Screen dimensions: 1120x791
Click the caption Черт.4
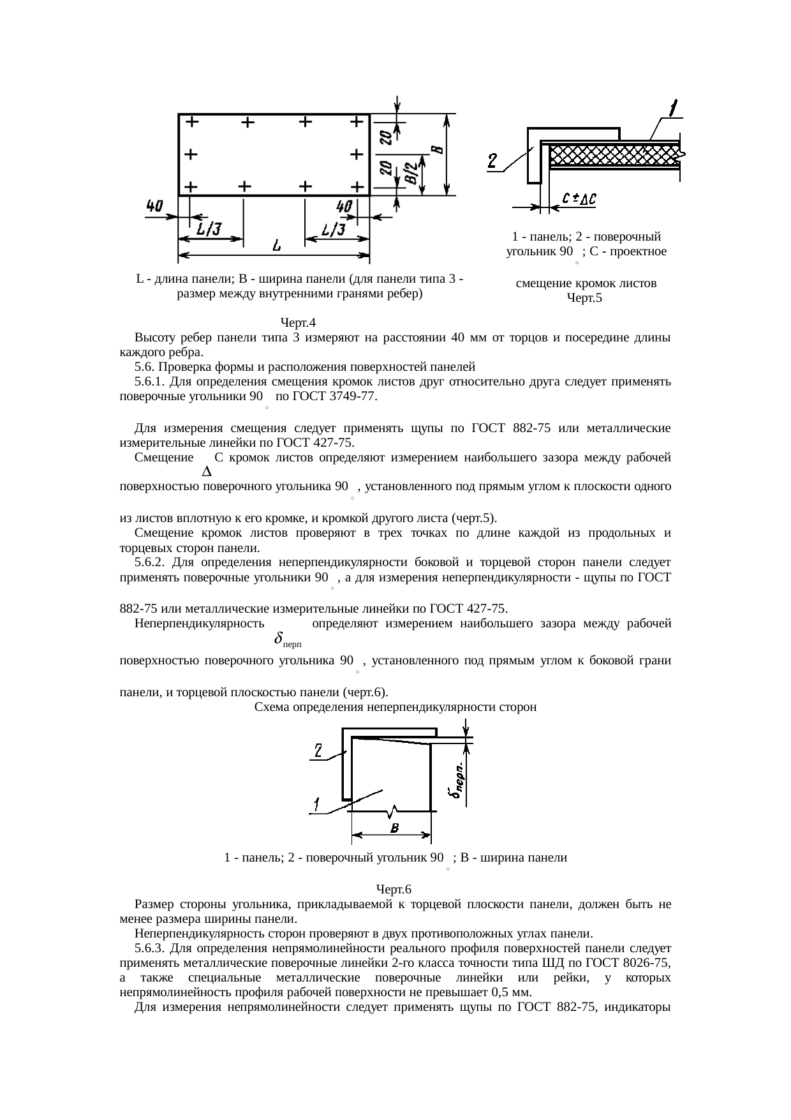299,324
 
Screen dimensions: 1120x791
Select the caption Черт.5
584,298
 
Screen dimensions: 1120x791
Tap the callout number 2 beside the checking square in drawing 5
493,161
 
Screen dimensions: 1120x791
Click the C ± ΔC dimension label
579,199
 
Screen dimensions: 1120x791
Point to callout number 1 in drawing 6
314,804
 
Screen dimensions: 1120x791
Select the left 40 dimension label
154,206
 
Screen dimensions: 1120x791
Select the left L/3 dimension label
208,228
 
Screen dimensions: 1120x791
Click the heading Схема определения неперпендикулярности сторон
395,707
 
